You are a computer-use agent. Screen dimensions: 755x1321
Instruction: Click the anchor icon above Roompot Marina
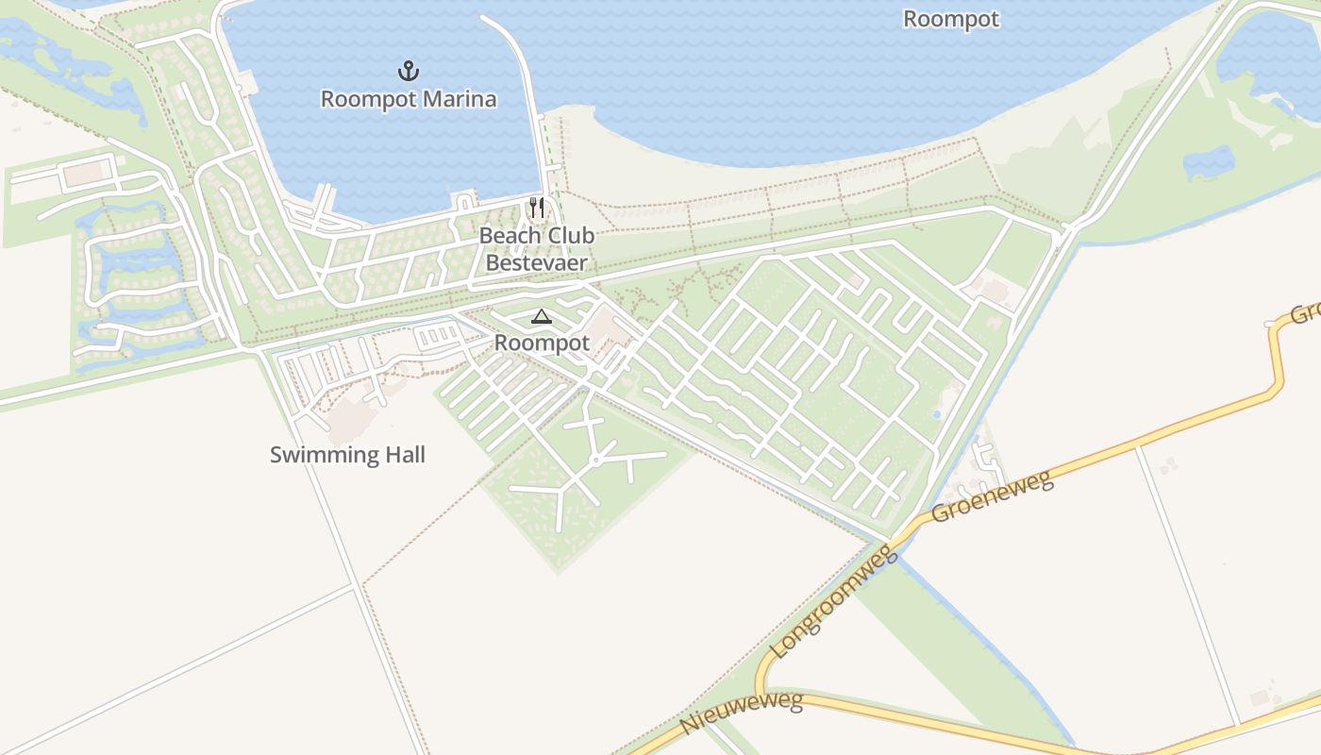tap(409, 71)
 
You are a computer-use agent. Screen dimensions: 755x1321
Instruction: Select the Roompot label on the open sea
tap(950, 19)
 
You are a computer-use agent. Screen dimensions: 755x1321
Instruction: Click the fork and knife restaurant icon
tap(536, 208)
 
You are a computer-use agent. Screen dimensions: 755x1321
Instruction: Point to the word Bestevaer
tap(536, 262)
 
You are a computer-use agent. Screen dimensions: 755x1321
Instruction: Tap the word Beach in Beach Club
tap(510, 235)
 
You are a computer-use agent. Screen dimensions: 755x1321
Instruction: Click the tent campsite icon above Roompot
tap(541, 317)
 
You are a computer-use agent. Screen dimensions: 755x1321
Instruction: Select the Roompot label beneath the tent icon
tap(542, 343)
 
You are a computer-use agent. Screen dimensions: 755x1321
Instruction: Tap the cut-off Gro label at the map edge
tap(1304, 311)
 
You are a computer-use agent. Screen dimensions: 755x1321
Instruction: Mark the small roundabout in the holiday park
tap(595, 461)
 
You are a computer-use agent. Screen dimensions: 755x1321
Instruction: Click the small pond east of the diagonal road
tap(1208, 162)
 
